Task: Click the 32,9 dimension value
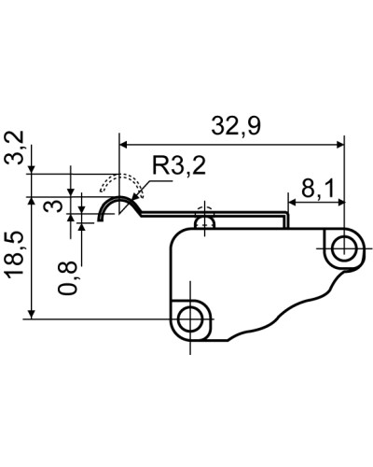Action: [236, 126]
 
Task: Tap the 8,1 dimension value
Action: [317, 189]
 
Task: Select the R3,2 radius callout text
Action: [179, 165]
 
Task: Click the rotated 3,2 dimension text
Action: [15, 148]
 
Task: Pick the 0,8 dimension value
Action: [68, 277]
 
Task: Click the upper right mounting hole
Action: [344, 248]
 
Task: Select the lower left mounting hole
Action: [190, 319]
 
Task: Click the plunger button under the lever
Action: [204, 223]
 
